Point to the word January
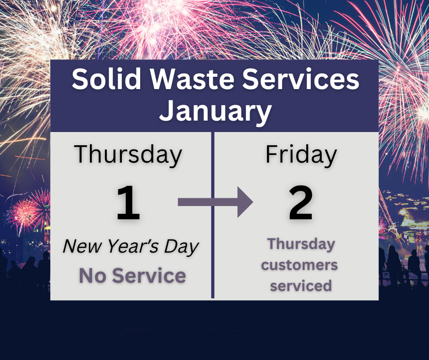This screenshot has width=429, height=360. click(x=215, y=111)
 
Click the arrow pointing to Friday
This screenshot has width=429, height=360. click(x=215, y=202)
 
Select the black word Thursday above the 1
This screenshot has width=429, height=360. click(x=128, y=154)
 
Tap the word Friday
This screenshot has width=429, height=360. click(x=301, y=154)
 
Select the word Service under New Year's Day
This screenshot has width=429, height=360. click(x=150, y=275)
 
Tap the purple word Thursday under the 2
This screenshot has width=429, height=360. click(x=301, y=244)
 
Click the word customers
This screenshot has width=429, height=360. click(x=300, y=265)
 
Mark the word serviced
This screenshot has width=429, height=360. click(x=301, y=286)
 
